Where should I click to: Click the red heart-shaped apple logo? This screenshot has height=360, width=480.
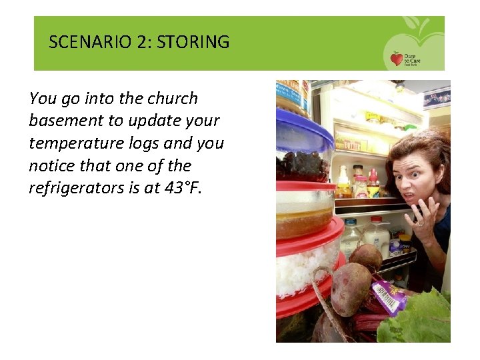pyautogui.click(x=397, y=59)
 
